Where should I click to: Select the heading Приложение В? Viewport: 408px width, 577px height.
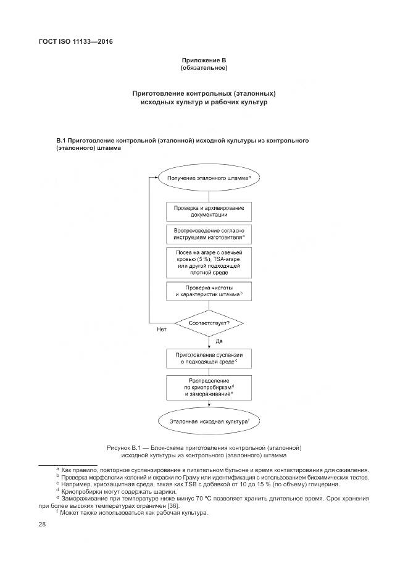point(204,60)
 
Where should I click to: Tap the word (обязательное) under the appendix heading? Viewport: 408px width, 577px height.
point(204,68)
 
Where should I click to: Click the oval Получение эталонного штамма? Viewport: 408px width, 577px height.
point(208,178)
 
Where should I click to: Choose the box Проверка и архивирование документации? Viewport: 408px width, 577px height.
point(209,212)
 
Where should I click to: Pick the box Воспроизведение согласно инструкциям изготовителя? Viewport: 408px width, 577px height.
point(209,234)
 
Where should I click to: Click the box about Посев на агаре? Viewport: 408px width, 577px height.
point(209,263)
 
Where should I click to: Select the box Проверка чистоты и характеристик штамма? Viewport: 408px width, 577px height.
point(209,292)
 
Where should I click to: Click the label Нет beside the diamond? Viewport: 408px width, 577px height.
point(162,330)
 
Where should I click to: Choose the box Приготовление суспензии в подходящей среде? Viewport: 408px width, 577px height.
point(209,360)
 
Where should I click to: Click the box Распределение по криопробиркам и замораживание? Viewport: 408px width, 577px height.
point(209,387)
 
